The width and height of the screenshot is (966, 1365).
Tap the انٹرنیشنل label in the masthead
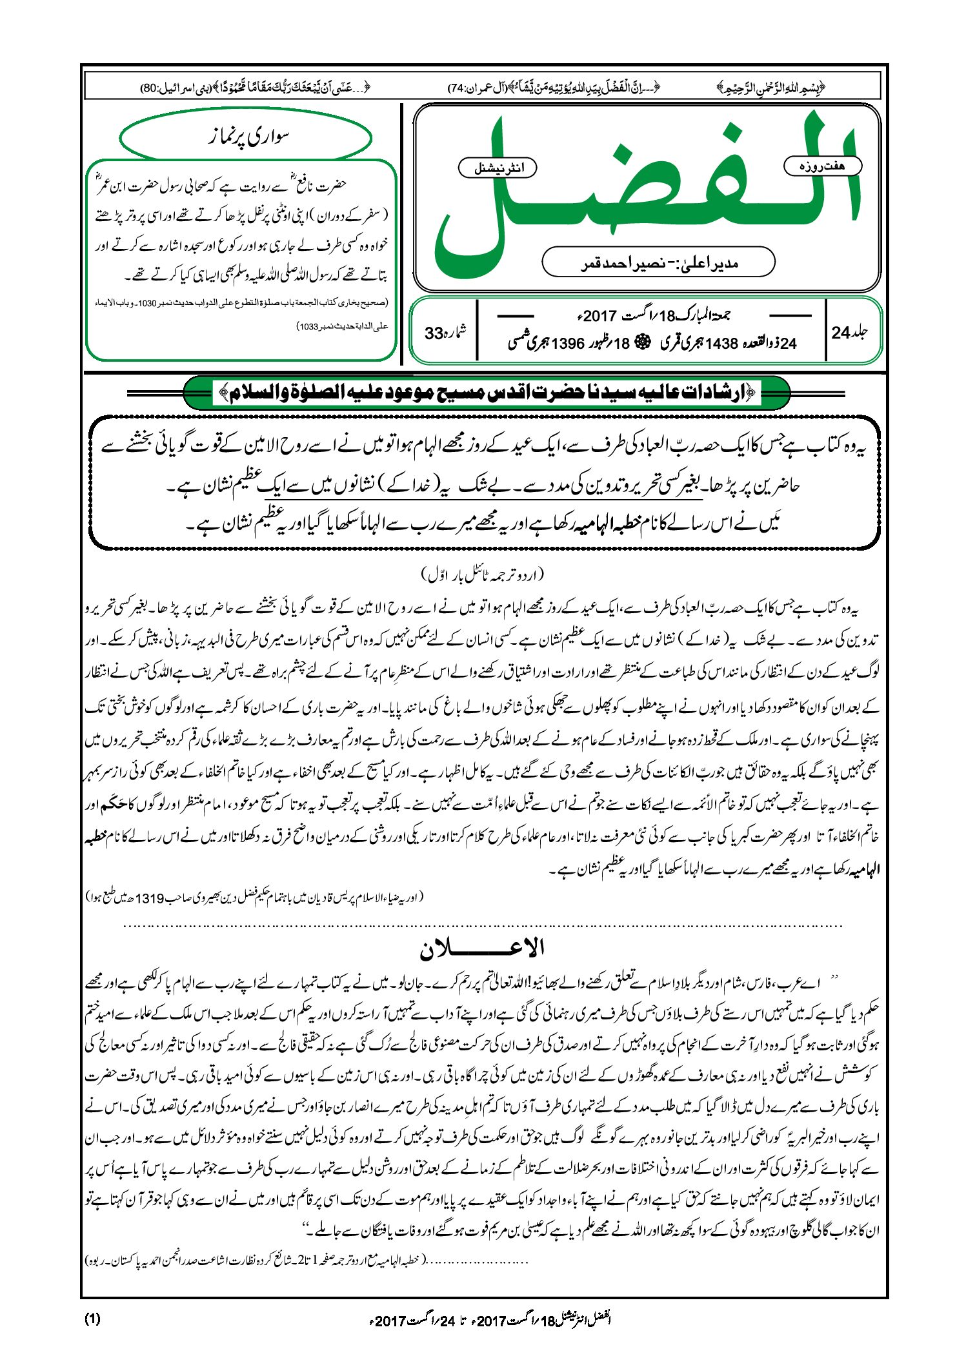(497, 168)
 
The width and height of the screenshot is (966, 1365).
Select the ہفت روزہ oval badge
(822, 166)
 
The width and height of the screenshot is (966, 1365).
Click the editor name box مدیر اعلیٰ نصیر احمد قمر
(658, 262)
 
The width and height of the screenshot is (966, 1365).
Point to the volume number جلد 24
(849, 333)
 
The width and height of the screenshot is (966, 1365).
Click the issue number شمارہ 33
(445, 333)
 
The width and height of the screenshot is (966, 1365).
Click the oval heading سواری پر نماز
(246, 137)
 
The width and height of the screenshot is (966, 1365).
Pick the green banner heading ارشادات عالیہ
(487, 392)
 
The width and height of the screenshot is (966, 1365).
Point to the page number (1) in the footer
(92, 1319)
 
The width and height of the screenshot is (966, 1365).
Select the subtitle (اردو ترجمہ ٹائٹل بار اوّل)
(482, 573)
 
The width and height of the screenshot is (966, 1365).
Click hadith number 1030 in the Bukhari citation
(159, 302)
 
